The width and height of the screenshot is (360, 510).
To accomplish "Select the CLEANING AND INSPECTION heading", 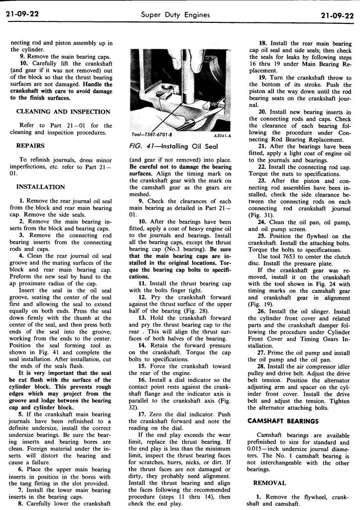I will (63, 112).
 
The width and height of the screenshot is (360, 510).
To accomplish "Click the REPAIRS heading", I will (31, 146).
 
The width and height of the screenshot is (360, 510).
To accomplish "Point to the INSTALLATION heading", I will (41, 187).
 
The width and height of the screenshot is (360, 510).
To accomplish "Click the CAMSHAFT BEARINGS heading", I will (283, 421).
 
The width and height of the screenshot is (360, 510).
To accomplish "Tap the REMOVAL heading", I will (269, 483).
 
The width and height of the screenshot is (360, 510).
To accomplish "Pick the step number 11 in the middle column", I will (141, 283).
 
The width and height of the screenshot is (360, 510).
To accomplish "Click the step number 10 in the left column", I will (23, 63).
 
